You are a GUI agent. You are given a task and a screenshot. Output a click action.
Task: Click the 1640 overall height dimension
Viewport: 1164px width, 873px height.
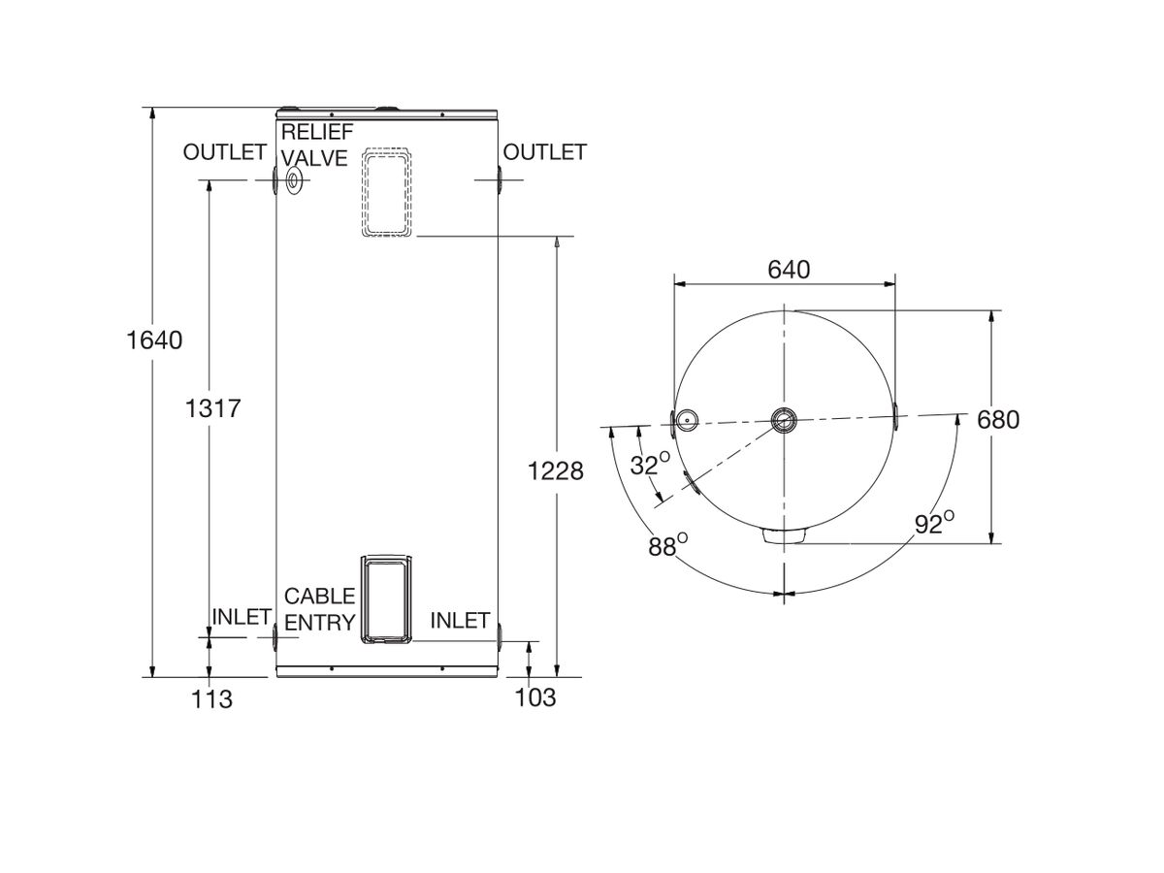153,340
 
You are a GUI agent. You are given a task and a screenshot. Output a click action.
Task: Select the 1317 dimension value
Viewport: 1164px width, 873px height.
213,408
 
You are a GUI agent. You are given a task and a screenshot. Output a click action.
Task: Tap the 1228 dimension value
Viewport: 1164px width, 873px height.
557,470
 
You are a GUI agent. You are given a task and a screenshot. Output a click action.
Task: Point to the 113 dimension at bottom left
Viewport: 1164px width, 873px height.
212,698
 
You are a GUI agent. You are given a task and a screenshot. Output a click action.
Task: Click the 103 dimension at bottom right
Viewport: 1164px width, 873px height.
535,696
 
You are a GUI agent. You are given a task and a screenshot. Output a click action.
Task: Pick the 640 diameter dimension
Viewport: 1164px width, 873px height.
789,270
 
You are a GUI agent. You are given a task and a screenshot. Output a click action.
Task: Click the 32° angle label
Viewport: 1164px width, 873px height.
649,465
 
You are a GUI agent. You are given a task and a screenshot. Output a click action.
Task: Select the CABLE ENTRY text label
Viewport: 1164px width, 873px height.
319,610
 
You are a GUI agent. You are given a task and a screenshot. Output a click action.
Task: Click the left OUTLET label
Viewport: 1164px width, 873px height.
224,152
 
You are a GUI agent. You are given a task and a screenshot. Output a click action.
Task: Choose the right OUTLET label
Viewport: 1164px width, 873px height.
545,152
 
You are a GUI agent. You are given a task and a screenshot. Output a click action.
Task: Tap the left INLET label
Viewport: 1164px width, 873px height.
241,617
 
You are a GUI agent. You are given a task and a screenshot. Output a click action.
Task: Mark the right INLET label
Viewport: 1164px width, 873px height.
460,620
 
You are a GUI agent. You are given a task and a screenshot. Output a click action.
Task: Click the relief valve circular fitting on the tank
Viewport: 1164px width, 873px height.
294,181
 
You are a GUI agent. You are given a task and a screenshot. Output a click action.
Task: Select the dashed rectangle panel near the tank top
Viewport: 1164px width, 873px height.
387,193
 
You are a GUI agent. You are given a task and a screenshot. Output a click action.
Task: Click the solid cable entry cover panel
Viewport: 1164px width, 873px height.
385,599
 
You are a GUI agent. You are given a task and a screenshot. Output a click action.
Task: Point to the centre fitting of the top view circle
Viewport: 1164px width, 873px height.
784,419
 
